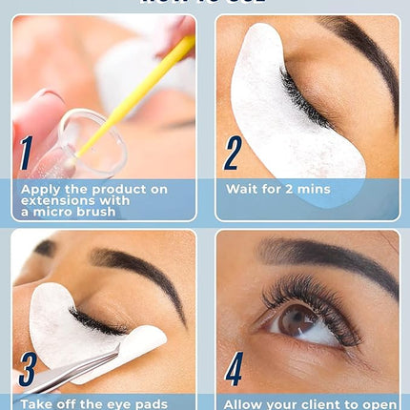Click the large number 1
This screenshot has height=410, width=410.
(29, 155)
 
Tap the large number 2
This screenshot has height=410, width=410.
(233, 153)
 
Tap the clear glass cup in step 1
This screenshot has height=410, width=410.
(91, 143)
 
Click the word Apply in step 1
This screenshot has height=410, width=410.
(41, 189)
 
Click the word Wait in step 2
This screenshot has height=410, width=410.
(241, 189)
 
